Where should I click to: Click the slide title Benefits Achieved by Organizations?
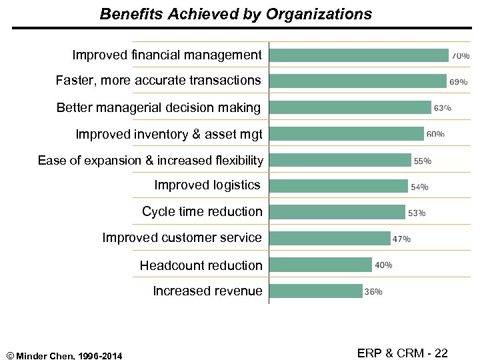pos(236,14)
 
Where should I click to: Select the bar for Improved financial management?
pos(359,55)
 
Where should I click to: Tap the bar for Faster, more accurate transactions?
pos(357,81)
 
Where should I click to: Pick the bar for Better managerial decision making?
pos(350,107)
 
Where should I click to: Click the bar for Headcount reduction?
pos(320,265)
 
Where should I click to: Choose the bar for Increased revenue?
pos(315,291)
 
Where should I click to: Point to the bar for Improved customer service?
pos(329,239)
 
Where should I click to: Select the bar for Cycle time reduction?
pos(337,213)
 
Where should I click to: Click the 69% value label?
pos(459,82)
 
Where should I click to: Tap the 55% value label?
pos(423,161)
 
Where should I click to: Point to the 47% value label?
pos(402,239)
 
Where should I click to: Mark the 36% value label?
pos(373,291)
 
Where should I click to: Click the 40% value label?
pos(383,265)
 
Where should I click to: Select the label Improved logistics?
pos(207,185)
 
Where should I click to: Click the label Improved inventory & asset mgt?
pos(169,134)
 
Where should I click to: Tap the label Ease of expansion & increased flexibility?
pos(151,160)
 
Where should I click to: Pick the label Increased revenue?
pos(207,291)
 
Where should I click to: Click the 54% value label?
pos(420,187)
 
